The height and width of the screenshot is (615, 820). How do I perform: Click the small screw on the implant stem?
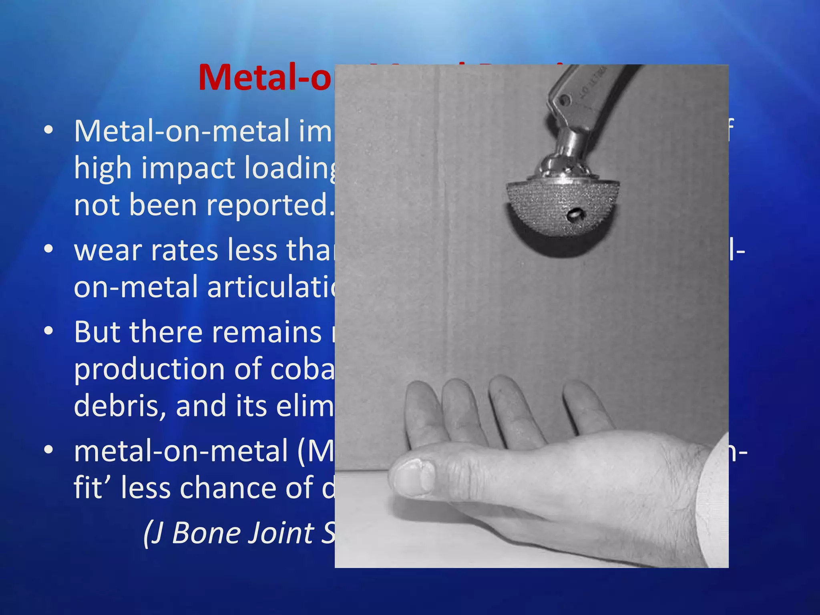pyautogui.click(x=565, y=100)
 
